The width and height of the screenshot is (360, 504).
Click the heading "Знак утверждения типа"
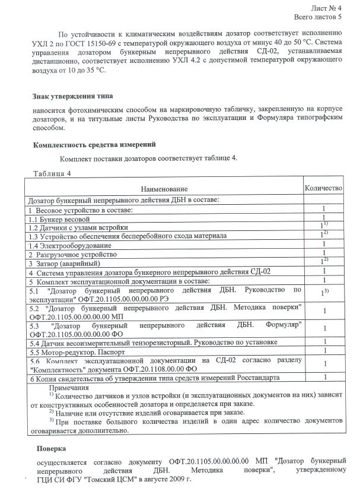click(x=72, y=96)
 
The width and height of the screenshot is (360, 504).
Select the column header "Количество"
click(x=323, y=188)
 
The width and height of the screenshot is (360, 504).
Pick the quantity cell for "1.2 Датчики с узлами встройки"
click(x=324, y=226)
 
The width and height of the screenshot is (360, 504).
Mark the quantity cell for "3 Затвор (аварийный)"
click(x=324, y=261)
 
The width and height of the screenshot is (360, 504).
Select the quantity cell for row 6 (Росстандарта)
click(x=324, y=376)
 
